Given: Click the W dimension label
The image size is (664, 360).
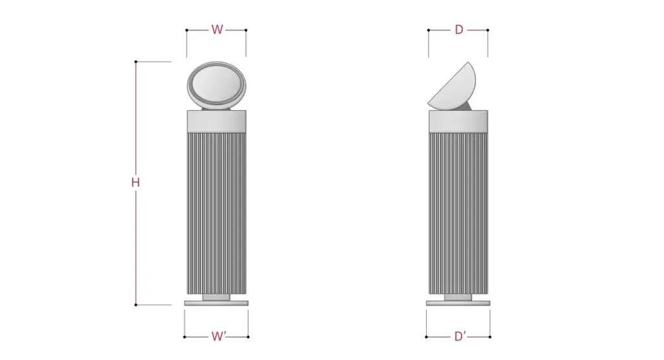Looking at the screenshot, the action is [217, 30].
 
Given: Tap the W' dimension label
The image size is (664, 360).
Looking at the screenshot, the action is [219, 336].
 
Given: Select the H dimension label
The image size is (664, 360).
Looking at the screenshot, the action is [136, 182].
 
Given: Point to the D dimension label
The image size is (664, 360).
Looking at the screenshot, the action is [459, 30].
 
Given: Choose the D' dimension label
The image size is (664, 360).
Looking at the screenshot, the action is [460, 336].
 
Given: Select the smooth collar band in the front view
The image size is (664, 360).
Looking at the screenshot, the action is [217, 121].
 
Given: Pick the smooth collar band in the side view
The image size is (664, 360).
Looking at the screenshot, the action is [458, 121].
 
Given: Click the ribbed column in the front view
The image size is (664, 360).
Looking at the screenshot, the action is [217, 213].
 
